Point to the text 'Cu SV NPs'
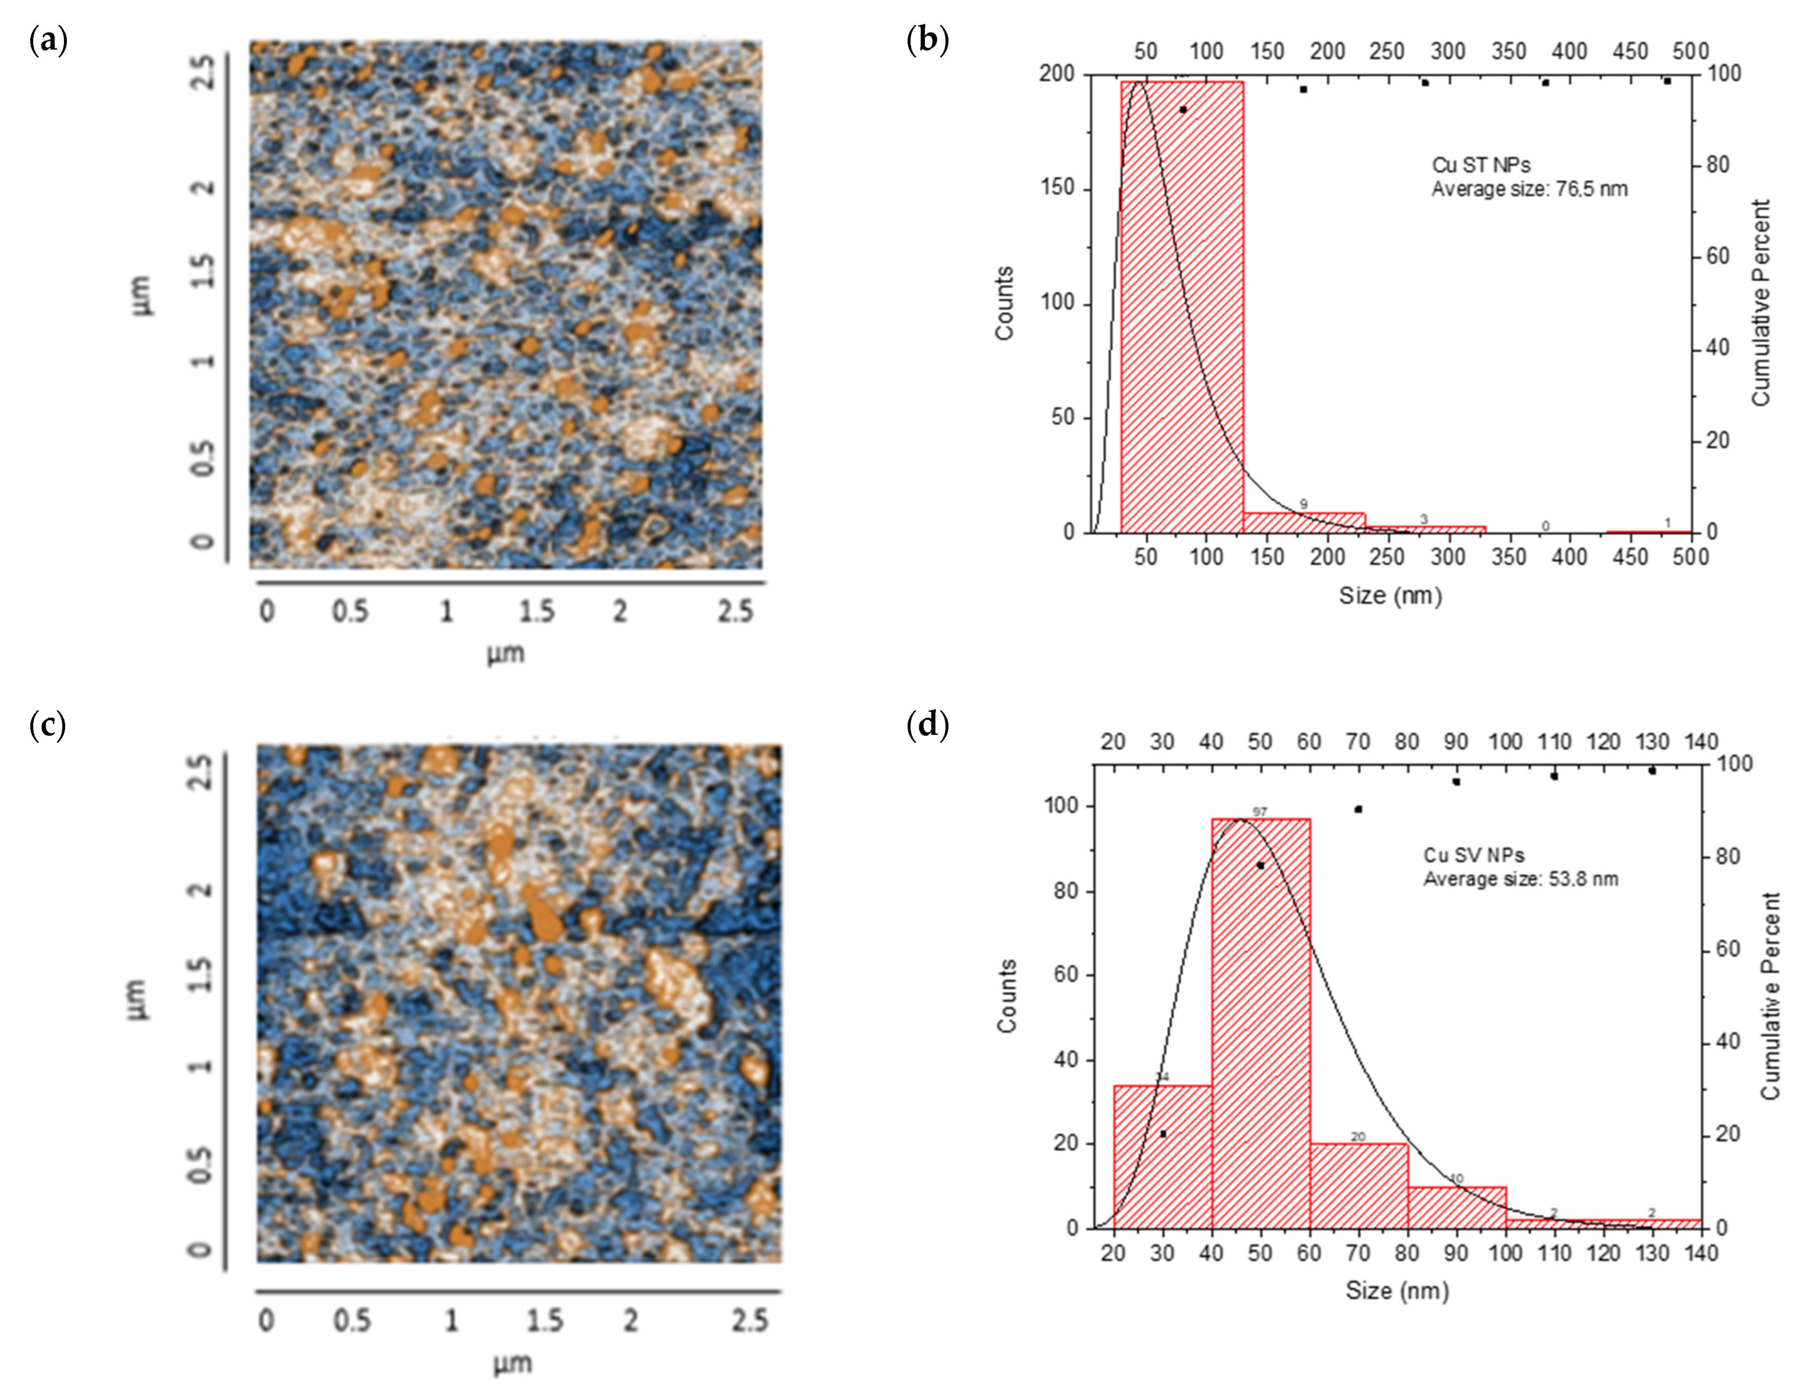(x=1473, y=855)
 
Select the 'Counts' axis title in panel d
(x=1006, y=995)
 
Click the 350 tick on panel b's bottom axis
(x=1508, y=556)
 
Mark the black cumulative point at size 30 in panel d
(x=1163, y=1134)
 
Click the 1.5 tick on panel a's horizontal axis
(x=536, y=611)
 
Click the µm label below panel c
(x=513, y=1363)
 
